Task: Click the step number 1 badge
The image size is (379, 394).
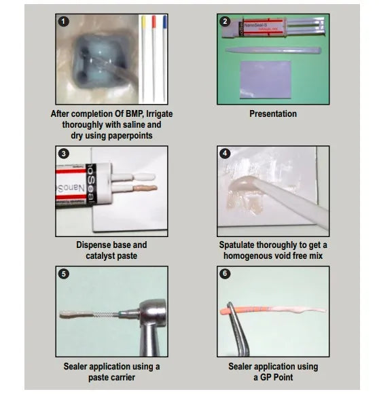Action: [x=64, y=21]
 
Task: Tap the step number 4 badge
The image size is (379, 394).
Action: [x=225, y=154]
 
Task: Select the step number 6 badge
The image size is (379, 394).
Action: [x=225, y=273]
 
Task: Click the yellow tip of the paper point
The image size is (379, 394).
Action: [x=143, y=22]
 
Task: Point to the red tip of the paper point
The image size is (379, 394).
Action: [x=154, y=22]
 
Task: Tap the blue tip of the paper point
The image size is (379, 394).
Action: [x=165, y=22]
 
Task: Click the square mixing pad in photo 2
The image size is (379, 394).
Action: [x=266, y=79]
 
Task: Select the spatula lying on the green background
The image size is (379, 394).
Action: [x=273, y=50]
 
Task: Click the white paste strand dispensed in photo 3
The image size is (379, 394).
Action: [x=144, y=177]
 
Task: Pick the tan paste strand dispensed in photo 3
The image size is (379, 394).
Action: [x=145, y=188]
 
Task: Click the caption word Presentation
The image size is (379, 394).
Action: [x=273, y=114]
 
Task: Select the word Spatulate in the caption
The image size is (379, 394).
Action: [x=236, y=245]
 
